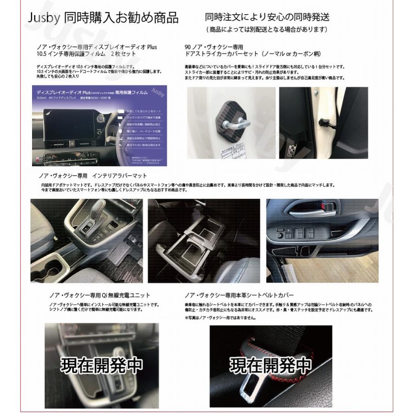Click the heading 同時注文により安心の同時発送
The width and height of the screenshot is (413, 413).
pos(267,17)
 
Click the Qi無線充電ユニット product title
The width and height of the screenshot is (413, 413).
pos(100,295)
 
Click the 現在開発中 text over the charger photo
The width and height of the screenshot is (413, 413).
pos(101,365)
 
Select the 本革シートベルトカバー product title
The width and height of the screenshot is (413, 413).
pos(239,295)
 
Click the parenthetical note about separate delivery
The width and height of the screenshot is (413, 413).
pos(267,30)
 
